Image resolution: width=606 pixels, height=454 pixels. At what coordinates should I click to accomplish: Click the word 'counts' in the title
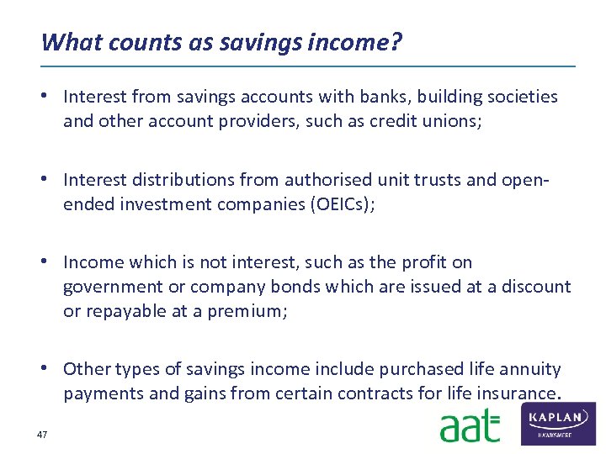pyautogui.click(x=139, y=41)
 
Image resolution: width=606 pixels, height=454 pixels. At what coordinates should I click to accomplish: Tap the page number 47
pyautogui.click(x=41, y=434)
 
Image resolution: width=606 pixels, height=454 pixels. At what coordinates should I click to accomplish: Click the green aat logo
pyautogui.click(x=469, y=426)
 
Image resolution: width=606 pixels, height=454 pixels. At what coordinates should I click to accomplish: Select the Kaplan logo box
pyautogui.click(x=559, y=423)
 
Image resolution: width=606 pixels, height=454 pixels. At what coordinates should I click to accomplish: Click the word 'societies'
pyautogui.click(x=519, y=97)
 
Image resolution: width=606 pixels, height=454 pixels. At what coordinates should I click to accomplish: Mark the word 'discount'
pyautogui.click(x=536, y=287)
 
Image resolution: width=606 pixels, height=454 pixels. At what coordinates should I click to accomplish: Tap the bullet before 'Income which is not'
pyautogui.click(x=52, y=262)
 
